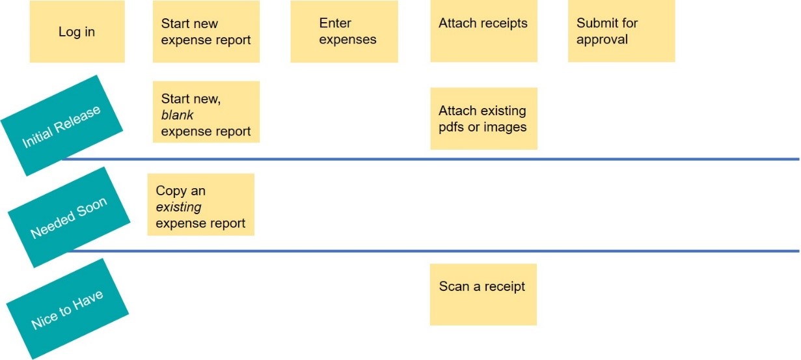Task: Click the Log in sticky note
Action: point(77,31)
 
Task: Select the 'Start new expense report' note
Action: point(206,31)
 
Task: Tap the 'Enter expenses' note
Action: point(344,31)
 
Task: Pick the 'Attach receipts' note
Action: point(483,31)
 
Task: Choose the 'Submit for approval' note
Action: point(621,31)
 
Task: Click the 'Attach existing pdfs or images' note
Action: point(483,118)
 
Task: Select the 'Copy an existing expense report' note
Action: point(200,204)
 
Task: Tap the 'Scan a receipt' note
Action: point(483,294)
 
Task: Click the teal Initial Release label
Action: point(62,126)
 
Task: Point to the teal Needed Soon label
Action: point(68,217)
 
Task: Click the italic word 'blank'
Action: point(177,115)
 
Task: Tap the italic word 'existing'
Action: point(178,207)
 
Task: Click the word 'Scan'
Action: point(454,286)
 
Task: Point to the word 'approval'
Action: point(602,40)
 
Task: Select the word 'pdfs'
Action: point(452,127)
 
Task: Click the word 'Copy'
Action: point(170,191)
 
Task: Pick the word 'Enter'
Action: point(335,23)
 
